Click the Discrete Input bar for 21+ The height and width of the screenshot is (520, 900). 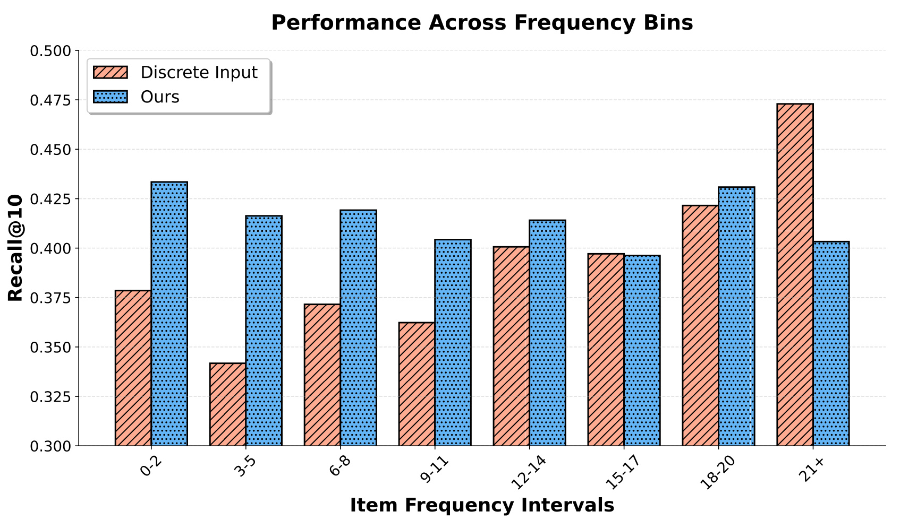pyautogui.click(x=795, y=274)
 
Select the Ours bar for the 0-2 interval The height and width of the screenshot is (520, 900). pyautogui.click(x=169, y=314)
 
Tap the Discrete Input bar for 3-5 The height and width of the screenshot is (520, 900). pyautogui.click(x=227, y=404)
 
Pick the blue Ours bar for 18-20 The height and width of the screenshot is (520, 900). pyautogui.click(x=736, y=316)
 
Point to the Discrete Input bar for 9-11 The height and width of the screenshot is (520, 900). pyautogui.click(x=417, y=384)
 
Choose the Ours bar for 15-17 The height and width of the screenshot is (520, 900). pyautogui.click(x=642, y=350)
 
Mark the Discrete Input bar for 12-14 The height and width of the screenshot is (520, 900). pyautogui.click(x=511, y=346)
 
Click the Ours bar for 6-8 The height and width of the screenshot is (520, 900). pyautogui.click(x=359, y=328)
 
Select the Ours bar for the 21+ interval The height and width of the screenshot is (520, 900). pyautogui.click(x=831, y=343)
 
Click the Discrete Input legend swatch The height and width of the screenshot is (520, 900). pyautogui.click(x=111, y=72)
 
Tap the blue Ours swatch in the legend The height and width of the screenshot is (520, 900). pyautogui.click(x=111, y=97)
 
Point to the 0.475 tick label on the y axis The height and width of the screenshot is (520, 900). pyautogui.click(x=50, y=100)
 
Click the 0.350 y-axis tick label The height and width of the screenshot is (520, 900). pyautogui.click(x=50, y=348)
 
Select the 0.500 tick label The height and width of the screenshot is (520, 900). pyautogui.click(x=50, y=51)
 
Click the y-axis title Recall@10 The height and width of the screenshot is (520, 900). pyautogui.click(x=15, y=248)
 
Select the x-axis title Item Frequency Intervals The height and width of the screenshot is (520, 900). pyautogui.click(x=482, y=505)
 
